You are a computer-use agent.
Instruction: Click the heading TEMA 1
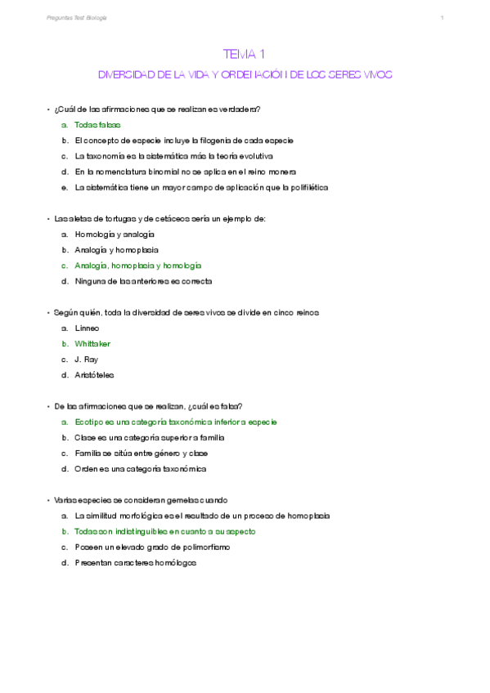pyautogui.click(x=245, y=54)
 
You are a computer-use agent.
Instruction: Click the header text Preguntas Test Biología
pyautogui.click(x=77, y=18)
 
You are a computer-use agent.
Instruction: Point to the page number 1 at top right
pyautogui.click(x=442, y=18)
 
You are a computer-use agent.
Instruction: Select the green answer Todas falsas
pyautogui.click(x=97, y=125)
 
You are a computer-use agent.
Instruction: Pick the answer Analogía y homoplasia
pyautogui.click(x=116, y=249)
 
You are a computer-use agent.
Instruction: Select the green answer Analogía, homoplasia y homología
pyautogui.click(x=137, y=266)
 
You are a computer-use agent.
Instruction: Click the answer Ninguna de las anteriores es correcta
pyautogui.click(x=143, y=281)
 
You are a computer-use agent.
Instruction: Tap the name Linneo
pyautogui.click(x=87, y=328)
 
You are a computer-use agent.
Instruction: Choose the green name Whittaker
pyautogui.click(x=92, y=344)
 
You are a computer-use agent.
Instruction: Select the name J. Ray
pyautogui.click(x=86, y=360)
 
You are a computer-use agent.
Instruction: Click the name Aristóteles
pyautogui.click(x=95, y=375)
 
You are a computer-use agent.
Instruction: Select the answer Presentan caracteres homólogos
pyautogui.click(x=136, y=563)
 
